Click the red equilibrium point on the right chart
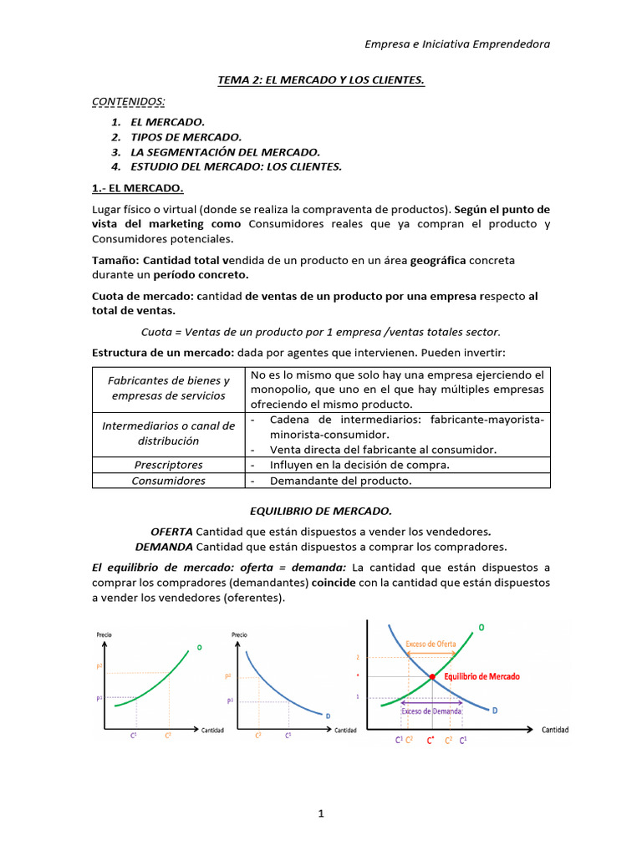[431, 676]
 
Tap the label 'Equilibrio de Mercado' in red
[482, 675]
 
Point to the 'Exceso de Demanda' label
[431, 711]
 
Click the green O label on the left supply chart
[199, 647]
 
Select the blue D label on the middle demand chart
[327, 715]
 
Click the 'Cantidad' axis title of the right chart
[555, 730]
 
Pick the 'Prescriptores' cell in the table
[169, 465]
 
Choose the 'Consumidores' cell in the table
[169, 481]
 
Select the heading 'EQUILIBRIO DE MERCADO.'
[321, 509]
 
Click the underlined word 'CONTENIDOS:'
[128, 101]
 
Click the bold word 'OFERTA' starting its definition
[171, 531]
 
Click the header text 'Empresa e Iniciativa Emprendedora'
[458, 43]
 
